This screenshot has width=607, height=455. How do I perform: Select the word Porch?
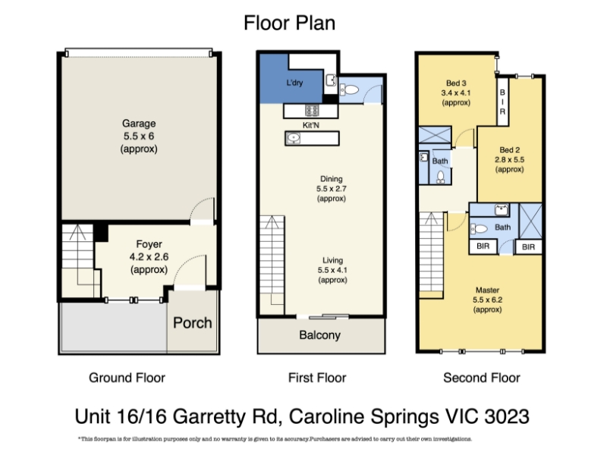coord(193,323)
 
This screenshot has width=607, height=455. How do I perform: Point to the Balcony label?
coord(319,335)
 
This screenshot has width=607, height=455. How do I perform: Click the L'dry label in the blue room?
coord(294,83)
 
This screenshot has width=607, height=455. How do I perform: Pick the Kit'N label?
coord(311,125)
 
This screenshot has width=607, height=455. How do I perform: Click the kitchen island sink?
coord(293,138)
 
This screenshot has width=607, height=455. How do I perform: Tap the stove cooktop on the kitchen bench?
coord(312,110)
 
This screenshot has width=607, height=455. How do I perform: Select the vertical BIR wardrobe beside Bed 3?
coord(502,102)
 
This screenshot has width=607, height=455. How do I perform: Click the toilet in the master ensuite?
coord(479,229)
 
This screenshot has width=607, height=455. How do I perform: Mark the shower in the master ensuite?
coord(530,221)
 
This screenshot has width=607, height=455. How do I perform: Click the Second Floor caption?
coord(482,378)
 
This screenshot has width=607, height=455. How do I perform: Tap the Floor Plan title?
coord(289,23)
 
